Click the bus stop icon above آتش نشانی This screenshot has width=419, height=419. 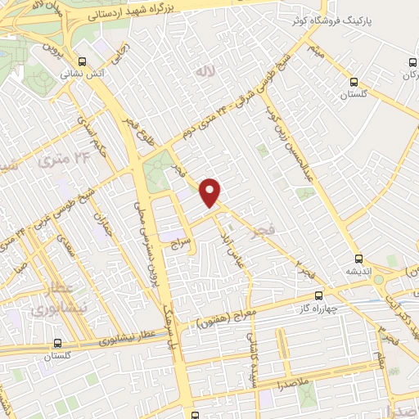(81, 61)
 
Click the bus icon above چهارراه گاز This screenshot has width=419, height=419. (319, 295)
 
